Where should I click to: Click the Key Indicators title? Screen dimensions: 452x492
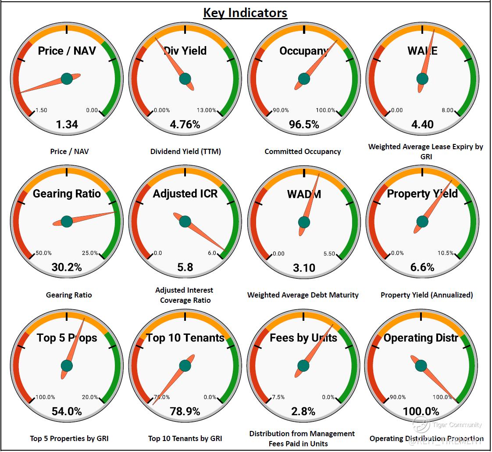pyautogui.click(x=245, y=13)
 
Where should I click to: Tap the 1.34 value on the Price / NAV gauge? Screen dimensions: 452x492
pyautogui.click(x=67, y=125)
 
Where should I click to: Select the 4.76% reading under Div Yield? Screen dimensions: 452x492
pyautogui.click(x=185, y=125)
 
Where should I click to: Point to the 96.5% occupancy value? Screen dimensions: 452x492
pyautogui.click(x=304, y=125)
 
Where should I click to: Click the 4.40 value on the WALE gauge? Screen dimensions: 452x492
pyautogui.click(x=422, y=125)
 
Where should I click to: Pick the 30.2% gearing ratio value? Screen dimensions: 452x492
pyautogui.click(x=67, y=267)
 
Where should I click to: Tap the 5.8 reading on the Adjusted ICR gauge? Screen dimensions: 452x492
pyautogui.click(x=185, y=267)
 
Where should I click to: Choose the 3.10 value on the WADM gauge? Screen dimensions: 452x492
pyautogui.click(x=304, y=267)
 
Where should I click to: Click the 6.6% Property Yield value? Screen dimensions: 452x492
pyautogui.click(x=422, y=267)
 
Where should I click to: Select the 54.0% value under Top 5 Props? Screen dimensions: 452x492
pyautogui.click(x=67, y=411)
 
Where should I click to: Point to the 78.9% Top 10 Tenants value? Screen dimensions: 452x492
pyautogui.click(x=185, y=411)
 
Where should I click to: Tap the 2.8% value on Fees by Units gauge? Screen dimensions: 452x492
pyautogui.click(x=303, y=411)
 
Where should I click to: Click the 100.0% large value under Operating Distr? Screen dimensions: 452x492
pyautogui.click(x=421, y=411)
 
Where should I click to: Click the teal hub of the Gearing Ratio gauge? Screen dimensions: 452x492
pyautogui.click(x=67, y=222)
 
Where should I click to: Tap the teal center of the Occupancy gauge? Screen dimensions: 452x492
pyautogui.click(x=304, y=79)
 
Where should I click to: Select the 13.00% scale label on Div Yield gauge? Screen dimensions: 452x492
pyautogui.click(x=207, y=110)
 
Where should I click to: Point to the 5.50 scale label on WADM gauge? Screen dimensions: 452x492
pyautogui.click(x=329, y=254)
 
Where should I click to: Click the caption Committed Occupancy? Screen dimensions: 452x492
pyautogui.click(x=303, y=151)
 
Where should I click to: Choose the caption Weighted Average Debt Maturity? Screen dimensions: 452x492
pyautogui.click(x=303, y=295)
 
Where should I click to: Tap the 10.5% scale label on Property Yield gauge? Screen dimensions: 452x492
pyautogui.click(x=446, y=253)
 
